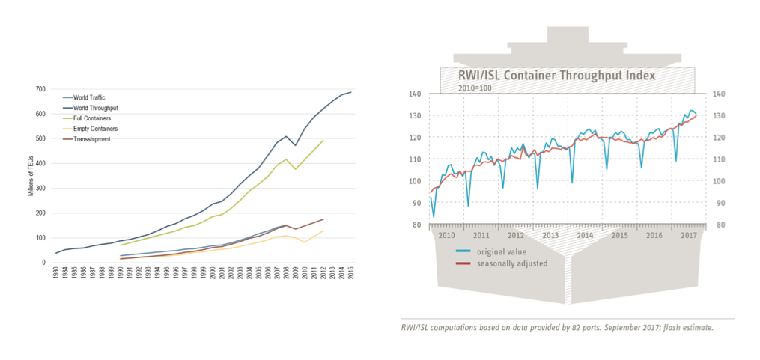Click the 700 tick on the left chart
pos(39,89)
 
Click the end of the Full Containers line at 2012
pos(323,140)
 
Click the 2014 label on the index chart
pos(585,235)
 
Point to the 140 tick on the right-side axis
pos(720,94)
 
